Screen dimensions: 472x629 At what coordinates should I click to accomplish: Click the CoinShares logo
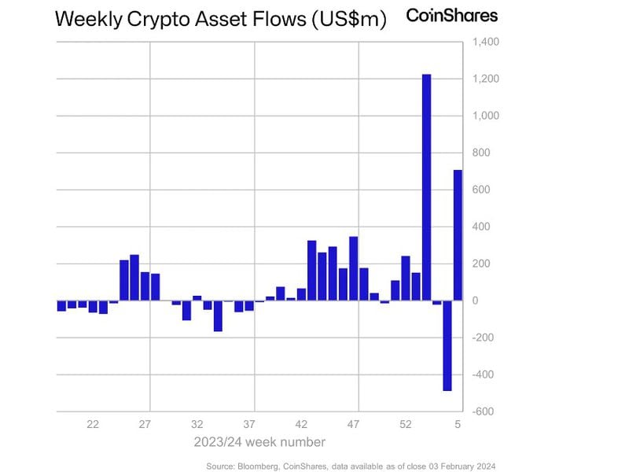(451, 15)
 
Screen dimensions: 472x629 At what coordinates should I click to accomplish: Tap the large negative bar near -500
(447, 345)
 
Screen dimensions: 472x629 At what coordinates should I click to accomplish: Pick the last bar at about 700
(458, 235)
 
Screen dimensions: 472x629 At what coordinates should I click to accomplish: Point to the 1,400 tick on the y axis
(484, 42)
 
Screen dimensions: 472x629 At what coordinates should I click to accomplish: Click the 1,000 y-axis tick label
(484, 116)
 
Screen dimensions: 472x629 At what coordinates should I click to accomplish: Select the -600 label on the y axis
(483, 411)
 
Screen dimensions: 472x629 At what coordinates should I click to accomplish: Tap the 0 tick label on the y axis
(475, 301)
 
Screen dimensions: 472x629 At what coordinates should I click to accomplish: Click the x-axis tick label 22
(93, 424)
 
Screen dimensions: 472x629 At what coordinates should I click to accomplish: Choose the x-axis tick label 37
(249, 424)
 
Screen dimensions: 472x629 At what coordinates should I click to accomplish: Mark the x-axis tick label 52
(406, 424)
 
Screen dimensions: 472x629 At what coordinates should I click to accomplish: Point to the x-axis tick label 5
(458, 424)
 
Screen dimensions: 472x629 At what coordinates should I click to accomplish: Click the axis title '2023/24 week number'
(259, 442)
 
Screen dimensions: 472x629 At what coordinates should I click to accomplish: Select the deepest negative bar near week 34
(218, 315)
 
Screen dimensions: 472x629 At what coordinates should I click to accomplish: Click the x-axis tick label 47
(354, 424)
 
